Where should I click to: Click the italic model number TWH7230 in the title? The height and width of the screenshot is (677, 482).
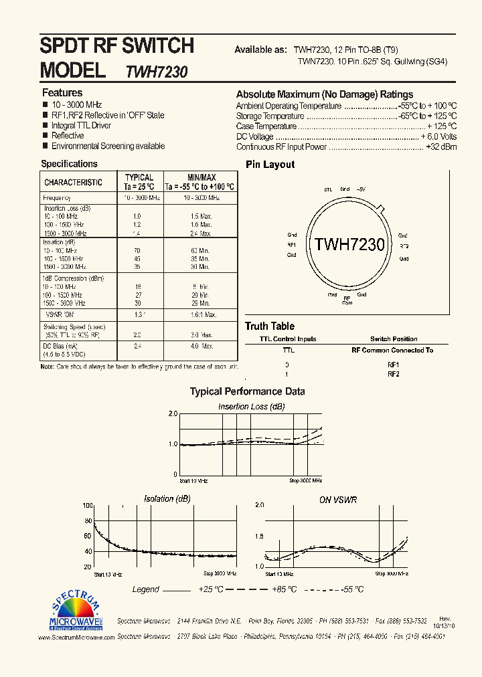tap(156, 72)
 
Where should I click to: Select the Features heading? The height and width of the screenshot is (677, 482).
tap(62, 93)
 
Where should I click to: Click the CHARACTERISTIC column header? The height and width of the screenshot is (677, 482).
tap(73, 183)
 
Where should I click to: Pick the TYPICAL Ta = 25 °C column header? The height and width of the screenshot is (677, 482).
tap(139, 183)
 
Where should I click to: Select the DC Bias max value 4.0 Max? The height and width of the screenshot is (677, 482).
tap(200, 346)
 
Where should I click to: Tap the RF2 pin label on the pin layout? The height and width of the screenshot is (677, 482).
tap(404, 246)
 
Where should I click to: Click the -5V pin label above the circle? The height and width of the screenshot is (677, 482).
tap(361, 189)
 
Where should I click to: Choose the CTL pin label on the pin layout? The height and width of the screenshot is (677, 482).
tap(328, 190)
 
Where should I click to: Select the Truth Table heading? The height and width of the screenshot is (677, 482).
tap(269, 326)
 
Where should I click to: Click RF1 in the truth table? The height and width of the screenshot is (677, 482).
tap(393, 365)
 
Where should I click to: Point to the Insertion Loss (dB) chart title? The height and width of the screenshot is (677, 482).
tap(251, 407)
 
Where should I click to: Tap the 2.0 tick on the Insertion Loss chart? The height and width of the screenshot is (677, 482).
tap(172, 415)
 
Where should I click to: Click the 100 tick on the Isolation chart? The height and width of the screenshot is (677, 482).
tap(86, 506)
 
